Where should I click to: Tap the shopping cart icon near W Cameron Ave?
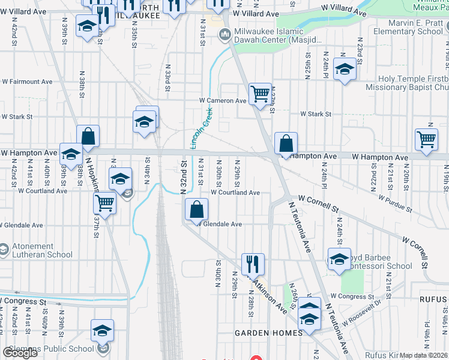260,94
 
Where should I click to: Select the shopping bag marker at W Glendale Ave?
196,209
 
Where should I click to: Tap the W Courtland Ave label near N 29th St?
235,193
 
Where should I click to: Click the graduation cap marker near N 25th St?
345,68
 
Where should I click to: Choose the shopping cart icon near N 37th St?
105,203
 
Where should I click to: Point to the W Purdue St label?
394,203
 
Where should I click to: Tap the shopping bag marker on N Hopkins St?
88,136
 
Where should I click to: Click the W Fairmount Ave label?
27,81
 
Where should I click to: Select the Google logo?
20,353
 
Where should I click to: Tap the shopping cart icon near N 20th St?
426,139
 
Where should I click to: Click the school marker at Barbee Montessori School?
339,259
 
